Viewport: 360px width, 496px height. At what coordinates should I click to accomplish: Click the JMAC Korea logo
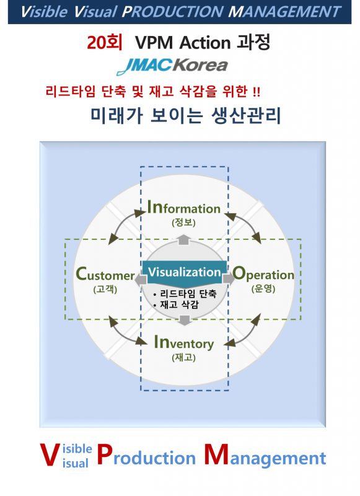coord(172,66)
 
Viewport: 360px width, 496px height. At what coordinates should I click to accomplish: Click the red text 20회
coord(105,42)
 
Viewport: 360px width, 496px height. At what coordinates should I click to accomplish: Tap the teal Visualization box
coord(184,272)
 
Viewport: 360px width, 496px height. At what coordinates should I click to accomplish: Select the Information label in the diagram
coord(184,207)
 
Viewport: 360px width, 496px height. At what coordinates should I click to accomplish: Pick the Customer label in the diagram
coord(105,274)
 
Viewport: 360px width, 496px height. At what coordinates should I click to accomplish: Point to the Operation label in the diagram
coord(263,274)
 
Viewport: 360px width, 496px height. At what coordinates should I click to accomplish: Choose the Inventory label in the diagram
coord(183,343)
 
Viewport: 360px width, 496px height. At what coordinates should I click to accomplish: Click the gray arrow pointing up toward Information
coord(183,239)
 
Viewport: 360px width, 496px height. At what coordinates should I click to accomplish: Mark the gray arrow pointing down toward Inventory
coord(184,320)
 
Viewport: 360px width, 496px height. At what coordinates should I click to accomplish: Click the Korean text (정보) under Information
coord(183,223)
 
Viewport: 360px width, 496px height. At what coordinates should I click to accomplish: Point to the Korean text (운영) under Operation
coord(263,288)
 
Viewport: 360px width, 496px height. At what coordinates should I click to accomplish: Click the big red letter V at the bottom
coord(50,454)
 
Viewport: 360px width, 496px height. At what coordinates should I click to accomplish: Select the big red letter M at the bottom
coord(216,454)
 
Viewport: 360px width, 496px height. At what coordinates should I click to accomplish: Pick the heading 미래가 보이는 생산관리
coord(185,115)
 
